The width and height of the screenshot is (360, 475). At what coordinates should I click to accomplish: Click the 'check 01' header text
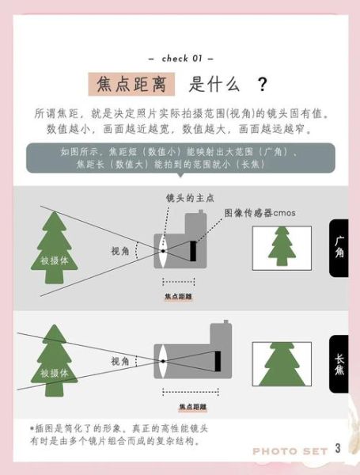[181, 58]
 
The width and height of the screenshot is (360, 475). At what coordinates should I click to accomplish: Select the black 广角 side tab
[339, 248]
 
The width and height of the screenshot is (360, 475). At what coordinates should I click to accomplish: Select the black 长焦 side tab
[339, 362]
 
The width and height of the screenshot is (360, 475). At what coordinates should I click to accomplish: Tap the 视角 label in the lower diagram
[120, 361]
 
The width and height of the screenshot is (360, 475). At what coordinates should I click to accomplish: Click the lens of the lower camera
[162, 360]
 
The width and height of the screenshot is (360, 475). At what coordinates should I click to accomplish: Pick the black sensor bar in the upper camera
[192, 251]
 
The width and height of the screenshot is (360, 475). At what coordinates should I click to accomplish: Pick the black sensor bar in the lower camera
[218, 361]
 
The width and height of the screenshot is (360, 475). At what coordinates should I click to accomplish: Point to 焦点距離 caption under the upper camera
[179, 296]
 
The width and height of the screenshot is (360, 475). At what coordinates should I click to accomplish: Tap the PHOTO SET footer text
[290, 451]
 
